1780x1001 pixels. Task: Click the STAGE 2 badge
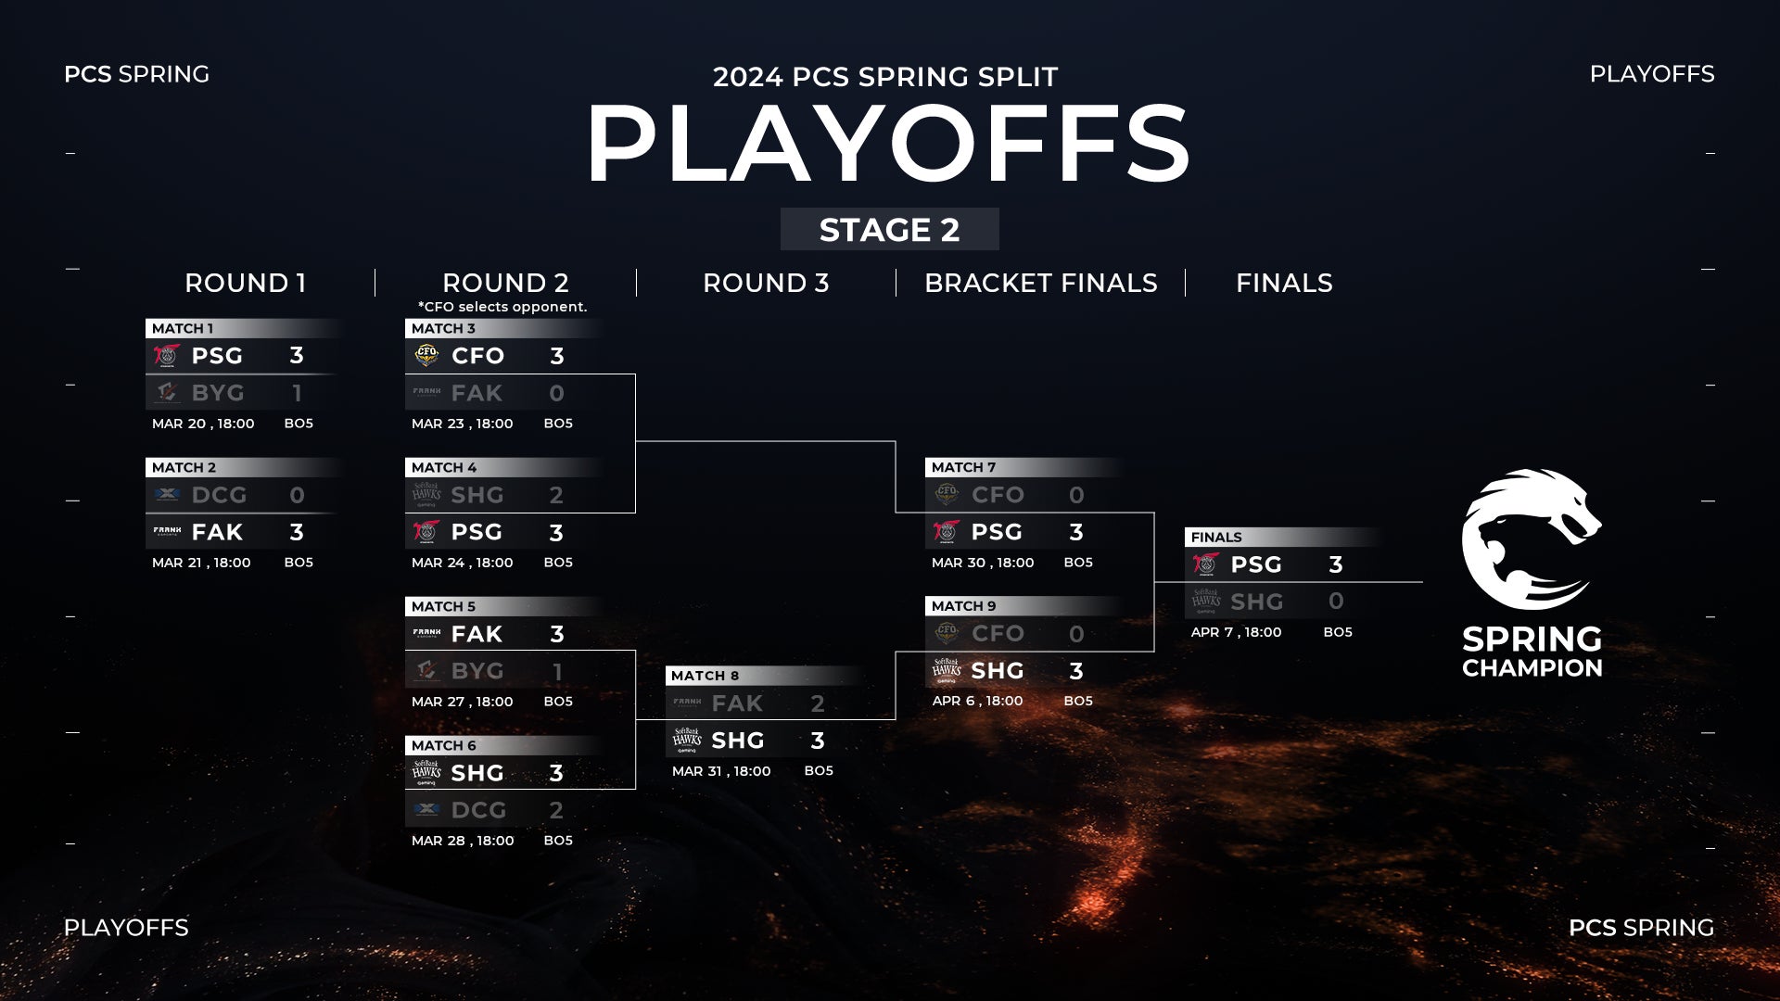point(889,229)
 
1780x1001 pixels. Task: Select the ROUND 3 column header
point(766,283)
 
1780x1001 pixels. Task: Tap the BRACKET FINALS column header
point(1040,283)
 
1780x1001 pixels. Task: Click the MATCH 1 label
point(183,328)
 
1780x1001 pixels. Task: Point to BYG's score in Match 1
point(297,393)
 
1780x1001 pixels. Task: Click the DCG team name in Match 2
point(219,495)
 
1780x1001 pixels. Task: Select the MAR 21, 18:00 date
point(201,563)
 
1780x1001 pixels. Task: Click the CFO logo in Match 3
point(426,355)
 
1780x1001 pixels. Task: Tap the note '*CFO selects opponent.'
point(502,307)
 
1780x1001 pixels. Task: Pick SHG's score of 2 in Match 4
point(556,495)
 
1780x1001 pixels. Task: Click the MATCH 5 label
point(443,606)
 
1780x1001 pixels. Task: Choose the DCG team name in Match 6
point(478,810)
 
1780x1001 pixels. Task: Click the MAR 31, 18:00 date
point(721,771)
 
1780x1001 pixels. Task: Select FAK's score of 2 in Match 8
point(817,703)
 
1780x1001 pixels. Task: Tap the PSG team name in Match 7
point(997,532)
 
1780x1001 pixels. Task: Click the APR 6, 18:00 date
point(977,701)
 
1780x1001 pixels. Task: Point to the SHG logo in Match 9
point(946,670)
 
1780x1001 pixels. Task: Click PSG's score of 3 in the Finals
point(1336,564)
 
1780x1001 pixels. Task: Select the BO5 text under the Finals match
point(1338,632)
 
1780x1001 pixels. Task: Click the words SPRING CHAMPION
point(1532,653)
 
